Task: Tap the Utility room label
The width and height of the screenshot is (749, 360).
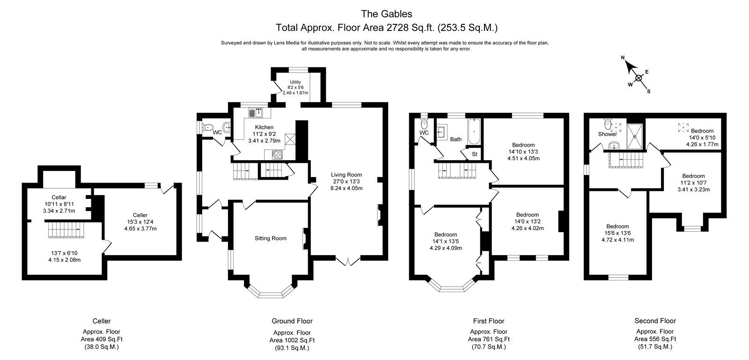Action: tap(295, 82)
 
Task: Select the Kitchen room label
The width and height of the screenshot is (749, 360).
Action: tap(264, 127)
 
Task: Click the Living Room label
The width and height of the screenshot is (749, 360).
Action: tap(347, 175)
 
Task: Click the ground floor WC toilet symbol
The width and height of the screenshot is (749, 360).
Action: tap(208, 127)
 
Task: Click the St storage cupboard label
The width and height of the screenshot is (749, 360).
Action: tap(474, 154)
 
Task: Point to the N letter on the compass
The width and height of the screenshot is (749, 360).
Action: tap(623, 58)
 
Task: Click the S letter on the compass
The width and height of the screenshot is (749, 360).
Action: tap(649, 91)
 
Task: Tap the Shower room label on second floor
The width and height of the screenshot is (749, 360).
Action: tap(607, 134)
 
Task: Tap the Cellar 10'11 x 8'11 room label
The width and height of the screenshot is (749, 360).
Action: tap(59, 204)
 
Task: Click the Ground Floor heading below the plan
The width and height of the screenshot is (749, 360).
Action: tap(292, 321)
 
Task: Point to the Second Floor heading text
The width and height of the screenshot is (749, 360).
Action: tap(655, 321)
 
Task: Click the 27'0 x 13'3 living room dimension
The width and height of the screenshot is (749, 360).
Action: tap(347, 182)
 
